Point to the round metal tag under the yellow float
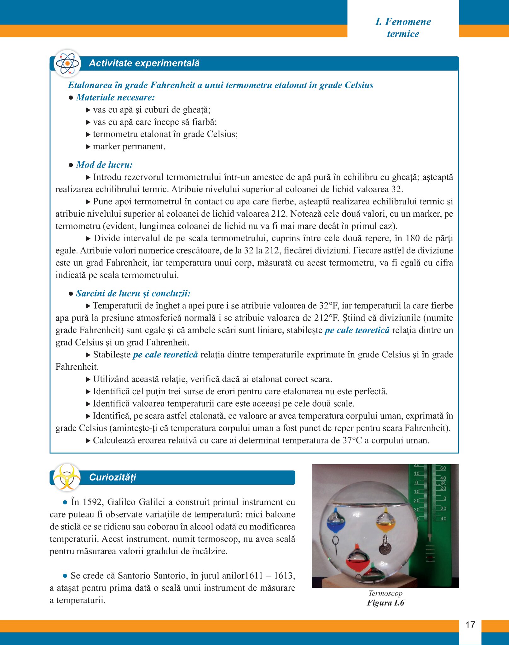pos(385,549)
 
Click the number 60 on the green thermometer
pos(443,468)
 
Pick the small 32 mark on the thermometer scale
pos(443,483)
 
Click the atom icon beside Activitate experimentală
pos(67,63)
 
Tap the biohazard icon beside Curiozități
pos(67,477)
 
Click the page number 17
pos(470,625)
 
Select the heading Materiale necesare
pos(115,97)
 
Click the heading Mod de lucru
pos(104,165)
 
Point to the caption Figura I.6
pos(385,603)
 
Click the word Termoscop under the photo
pos(385,593)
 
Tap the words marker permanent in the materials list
pos(129,146)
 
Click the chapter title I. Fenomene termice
pos(403,28)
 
